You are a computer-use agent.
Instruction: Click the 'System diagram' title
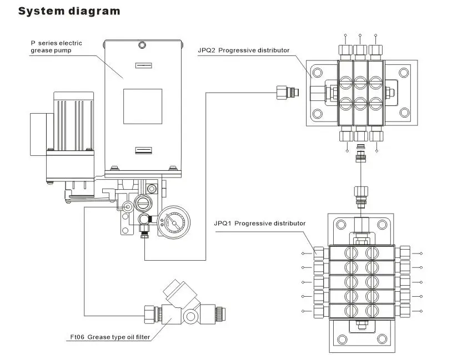coord(69,11)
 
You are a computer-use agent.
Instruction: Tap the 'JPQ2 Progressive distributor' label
coord(243,50)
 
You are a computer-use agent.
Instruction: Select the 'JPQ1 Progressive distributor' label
coord(259,224)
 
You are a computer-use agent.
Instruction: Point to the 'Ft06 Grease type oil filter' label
coord(110,337)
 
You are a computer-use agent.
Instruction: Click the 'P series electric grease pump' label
coord(56,47)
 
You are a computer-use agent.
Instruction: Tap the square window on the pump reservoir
coord(143,107)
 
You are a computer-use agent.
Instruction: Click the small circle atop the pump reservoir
coord(142,45)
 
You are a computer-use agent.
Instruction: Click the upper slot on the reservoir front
coord(143,65)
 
